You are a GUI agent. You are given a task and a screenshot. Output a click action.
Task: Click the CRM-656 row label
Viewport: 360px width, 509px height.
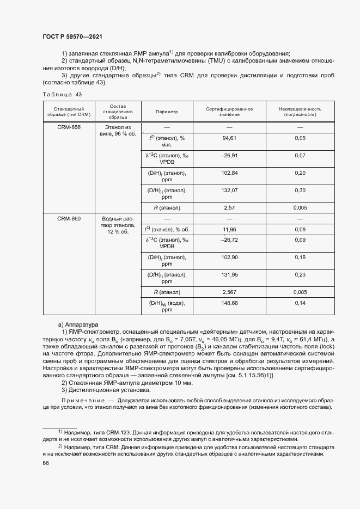(x=69, y=127)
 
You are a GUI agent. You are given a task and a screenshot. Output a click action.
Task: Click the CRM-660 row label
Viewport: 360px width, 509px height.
(x=69, y=218)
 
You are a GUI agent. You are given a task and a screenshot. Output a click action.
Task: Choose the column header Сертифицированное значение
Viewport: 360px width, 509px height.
(x=229, y=112)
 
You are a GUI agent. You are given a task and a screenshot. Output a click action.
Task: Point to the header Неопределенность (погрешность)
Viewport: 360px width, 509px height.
(x=300, y=112)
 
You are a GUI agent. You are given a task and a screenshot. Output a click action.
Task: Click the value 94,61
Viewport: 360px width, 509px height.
(x=229, y=139)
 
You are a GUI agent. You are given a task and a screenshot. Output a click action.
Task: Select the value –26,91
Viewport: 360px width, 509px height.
(x=229, y=156)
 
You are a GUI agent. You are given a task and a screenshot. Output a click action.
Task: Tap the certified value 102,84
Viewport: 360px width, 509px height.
(x=229, y=173)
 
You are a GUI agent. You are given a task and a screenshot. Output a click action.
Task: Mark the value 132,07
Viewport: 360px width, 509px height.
(x=229, y=191)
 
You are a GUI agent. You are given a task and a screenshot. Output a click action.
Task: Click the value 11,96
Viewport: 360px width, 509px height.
(x=229, y=229)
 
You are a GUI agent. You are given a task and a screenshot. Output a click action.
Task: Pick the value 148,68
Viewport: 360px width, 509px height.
(x=229, y=303)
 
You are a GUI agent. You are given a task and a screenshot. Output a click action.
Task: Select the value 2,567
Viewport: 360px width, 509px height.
(x=229, y=292)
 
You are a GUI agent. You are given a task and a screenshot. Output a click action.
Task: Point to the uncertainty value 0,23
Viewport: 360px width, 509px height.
(x=300, y=275)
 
